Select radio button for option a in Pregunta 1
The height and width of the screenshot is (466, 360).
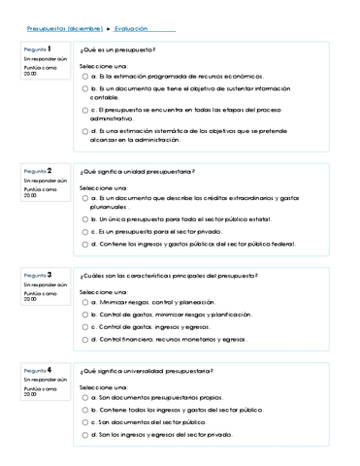click(x=86, y=75)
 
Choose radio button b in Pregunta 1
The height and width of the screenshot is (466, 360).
click(x=86, y=88)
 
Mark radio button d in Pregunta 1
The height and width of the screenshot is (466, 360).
click(x=86, y=129)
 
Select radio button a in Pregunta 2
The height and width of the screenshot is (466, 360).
click(x=86, y=198)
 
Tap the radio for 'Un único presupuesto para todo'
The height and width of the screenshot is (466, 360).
click(x=86, y=219)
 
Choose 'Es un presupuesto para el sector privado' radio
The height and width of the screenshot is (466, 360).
click(x=86, y=232)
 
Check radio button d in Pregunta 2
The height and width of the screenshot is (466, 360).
click(x=86, y=245)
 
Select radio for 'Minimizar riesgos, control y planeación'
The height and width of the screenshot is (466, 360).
click(x=86, y=302)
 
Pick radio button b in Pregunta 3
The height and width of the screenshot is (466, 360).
click(x=86, y=315)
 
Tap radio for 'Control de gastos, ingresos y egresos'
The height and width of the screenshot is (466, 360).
click(x=86, y=327)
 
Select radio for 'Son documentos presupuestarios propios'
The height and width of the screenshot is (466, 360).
click(x=86, y=397)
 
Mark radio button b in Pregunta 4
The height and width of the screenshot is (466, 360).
click(x=86, y=410)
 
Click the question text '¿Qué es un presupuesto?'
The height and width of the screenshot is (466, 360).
click(x=117, y=50)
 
